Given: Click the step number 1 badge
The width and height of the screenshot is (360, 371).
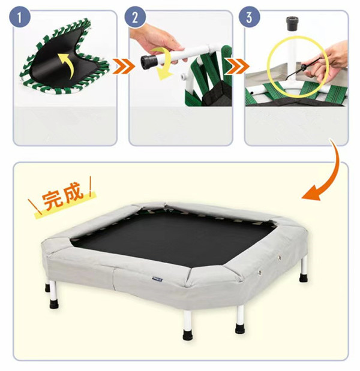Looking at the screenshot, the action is (x=20, y=17).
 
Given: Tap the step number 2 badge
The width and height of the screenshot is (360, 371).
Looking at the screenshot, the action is (x=135, y=17).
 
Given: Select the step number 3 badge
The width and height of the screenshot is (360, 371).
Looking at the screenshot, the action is (x=249, y=17).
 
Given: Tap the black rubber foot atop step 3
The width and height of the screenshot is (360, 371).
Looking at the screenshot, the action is (x=292, y=23).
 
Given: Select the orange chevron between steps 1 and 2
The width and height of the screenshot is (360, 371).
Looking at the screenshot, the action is (x=123, y=67).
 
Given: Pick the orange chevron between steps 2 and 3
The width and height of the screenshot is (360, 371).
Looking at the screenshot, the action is (x=238, y=66).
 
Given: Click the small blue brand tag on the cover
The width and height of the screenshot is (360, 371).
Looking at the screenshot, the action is (x=157, y=280).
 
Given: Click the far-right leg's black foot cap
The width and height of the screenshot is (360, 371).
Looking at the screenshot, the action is (x=304, y=278).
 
